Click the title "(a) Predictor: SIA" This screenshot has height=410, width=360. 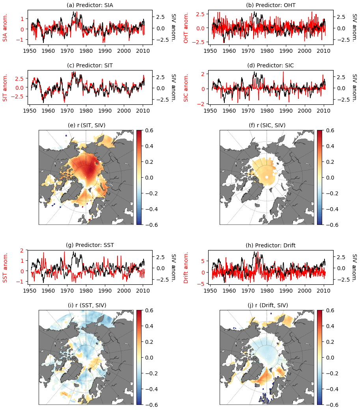pyautogui.click(x=90, y=5)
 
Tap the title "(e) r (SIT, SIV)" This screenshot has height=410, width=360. pyautogui.click(x=86, y=125)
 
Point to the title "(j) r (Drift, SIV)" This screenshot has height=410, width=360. pyautogui.click(x=267, y=305)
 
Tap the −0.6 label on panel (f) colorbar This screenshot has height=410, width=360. pyautogui.click(x=325, y=225)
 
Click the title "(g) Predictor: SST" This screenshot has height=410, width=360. pyautogui.click(x=90, y=245)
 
